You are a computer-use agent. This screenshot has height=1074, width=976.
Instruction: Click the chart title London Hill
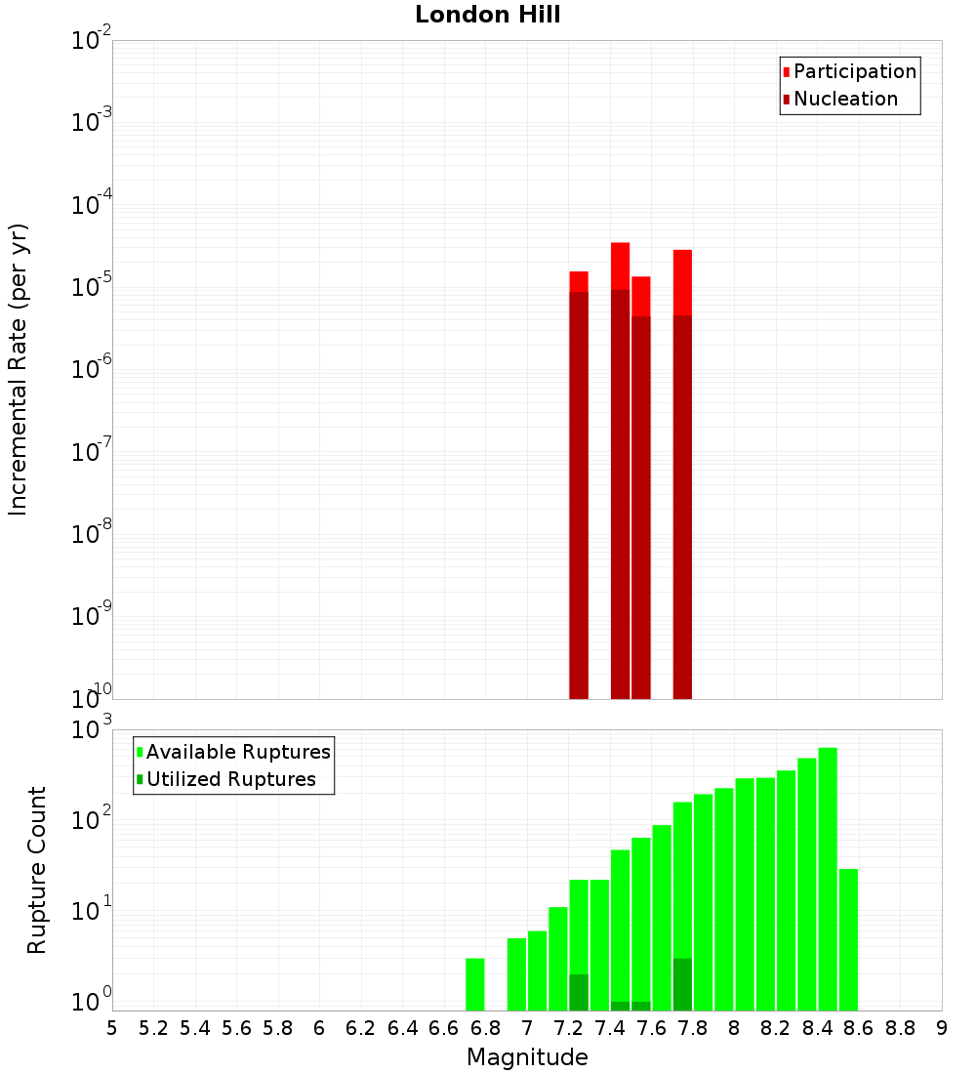[487, 16]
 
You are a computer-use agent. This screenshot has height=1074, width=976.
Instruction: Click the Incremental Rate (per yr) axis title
[19, 370]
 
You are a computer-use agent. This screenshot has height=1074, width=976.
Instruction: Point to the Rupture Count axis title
[37, 870]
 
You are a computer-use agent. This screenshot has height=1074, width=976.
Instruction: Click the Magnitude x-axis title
[527, 1057]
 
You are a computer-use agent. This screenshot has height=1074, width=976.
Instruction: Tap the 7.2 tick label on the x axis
[568, 1028]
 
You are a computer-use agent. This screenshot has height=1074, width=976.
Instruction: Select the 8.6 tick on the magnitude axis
[859, 1028]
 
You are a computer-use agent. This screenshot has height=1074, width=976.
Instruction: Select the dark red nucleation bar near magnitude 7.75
[682, 508]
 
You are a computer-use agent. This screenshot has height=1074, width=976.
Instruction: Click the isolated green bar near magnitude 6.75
[475, 984]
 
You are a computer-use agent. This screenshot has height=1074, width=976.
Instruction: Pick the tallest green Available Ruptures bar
[828, 879]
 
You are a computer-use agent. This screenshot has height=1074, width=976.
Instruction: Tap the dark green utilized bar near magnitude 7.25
[579, 991]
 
